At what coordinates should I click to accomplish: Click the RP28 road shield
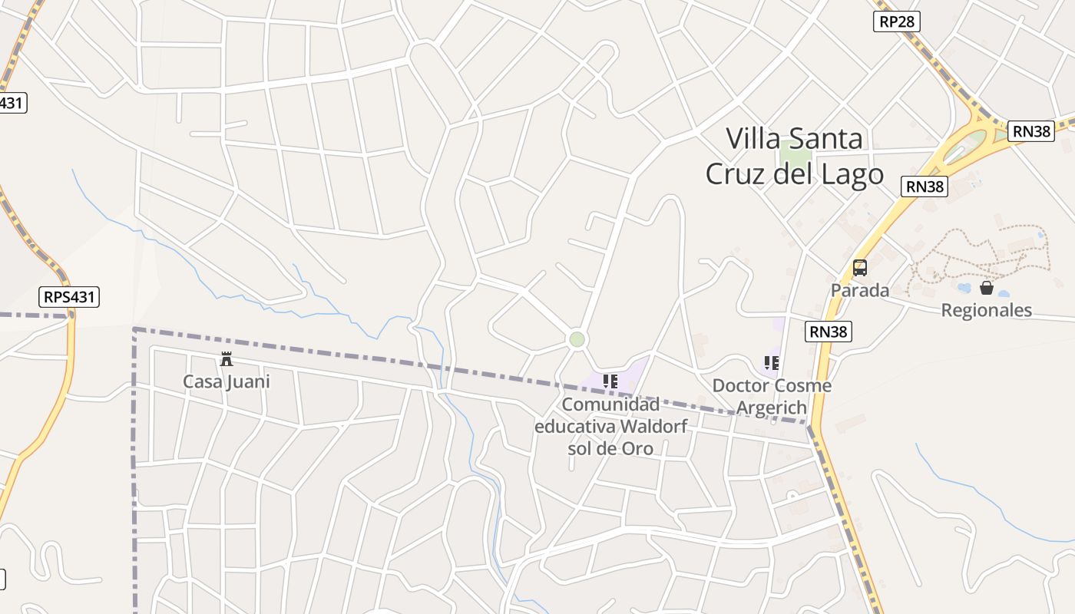896,21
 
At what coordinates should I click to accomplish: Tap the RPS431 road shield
70,296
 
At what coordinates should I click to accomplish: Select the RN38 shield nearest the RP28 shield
1030,131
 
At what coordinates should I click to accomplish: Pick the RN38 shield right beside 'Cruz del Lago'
925,186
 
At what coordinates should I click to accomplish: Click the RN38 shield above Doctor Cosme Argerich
829,332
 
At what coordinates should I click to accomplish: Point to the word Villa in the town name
752,139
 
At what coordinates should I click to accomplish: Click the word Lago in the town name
855,174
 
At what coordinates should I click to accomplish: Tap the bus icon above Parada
860,268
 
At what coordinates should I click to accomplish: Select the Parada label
860,290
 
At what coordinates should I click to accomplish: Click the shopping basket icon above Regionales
987,288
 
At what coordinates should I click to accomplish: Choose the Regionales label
987,310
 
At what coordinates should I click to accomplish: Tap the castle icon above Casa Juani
227,358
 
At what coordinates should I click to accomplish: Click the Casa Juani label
227,381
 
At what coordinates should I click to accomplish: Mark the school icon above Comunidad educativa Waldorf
610,381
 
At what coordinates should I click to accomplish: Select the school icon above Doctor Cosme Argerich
772,362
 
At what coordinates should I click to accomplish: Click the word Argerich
772,408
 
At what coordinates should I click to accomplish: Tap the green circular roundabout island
577,339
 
